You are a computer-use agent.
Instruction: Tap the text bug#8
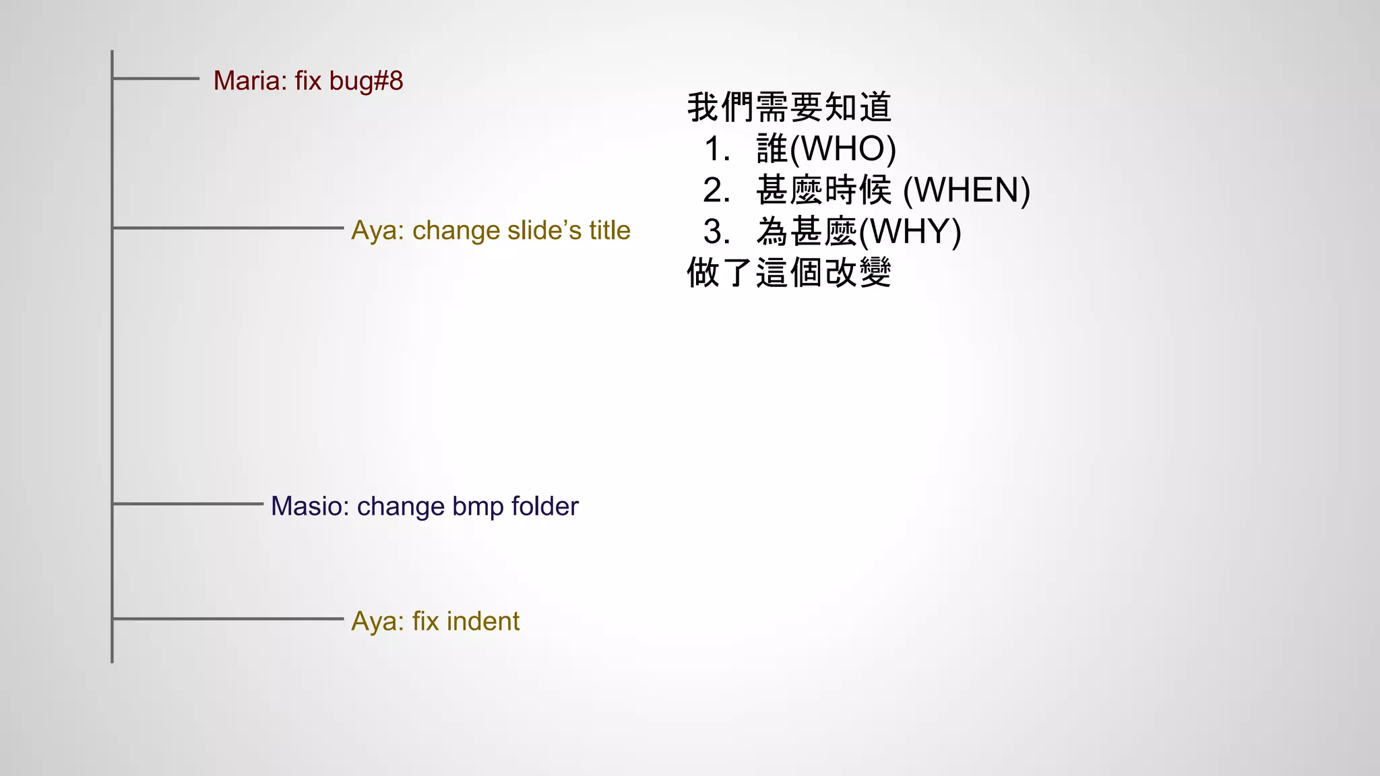[366, 82]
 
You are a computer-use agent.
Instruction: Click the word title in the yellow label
[610, 230]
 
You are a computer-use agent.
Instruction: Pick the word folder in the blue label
[544, 507]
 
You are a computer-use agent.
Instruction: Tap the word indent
[483, 621]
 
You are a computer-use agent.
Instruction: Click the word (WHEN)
[966, 191]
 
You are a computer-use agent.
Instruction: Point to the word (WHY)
[910, 232]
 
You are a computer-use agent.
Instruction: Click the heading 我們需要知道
[789, 108]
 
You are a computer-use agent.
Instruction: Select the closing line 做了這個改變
[789, 273]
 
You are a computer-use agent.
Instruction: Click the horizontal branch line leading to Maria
[156, 79]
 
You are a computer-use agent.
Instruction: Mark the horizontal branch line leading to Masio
[187, 503]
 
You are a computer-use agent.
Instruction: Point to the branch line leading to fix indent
[228, 618]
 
